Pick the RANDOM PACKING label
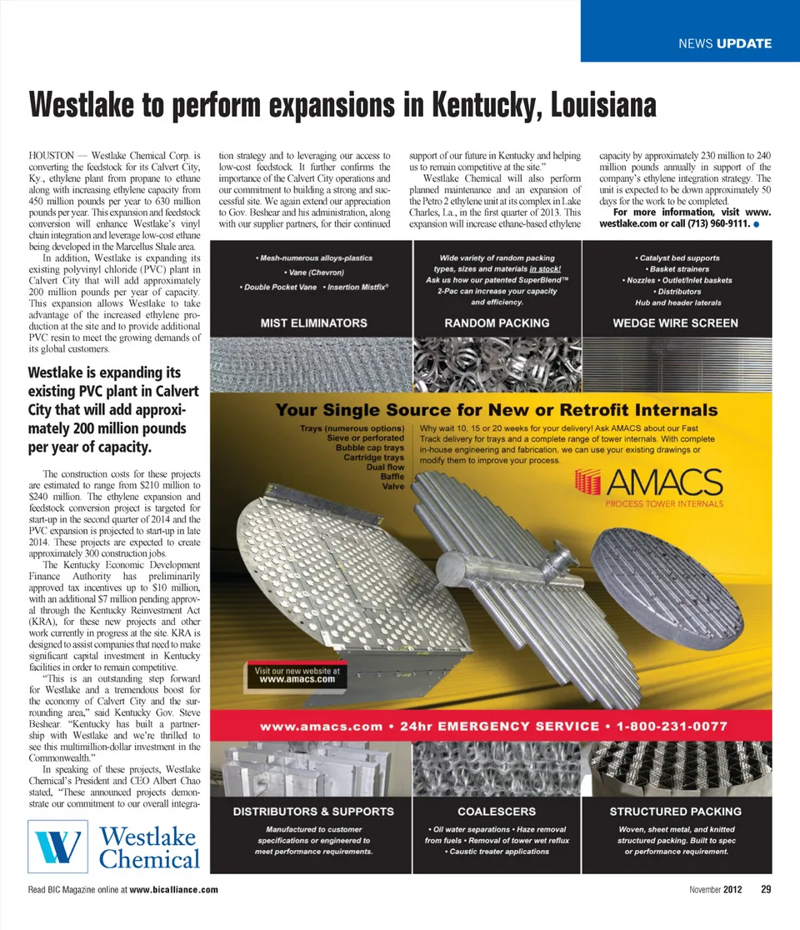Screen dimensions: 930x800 (x=497, y=322)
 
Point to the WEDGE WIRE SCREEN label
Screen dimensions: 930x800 (x=675, y=322)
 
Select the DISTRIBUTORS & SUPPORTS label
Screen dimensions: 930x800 (x=313, y=811)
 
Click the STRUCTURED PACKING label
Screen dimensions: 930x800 (x=675, y=811)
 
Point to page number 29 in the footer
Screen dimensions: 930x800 (x=765, y=889)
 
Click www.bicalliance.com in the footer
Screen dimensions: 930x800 (x=174, y=890)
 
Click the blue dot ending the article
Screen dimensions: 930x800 (x=754, y=225)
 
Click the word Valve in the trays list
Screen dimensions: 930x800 (x=393, y=486)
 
